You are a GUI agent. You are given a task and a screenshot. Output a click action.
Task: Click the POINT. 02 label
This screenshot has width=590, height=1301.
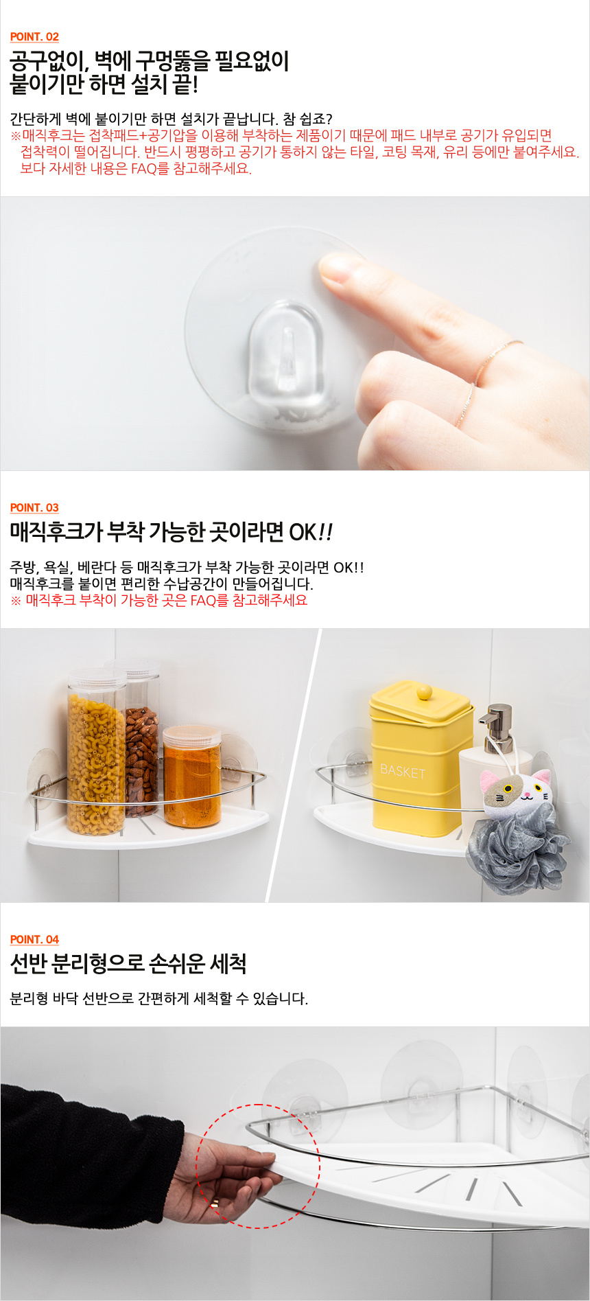(34, 37)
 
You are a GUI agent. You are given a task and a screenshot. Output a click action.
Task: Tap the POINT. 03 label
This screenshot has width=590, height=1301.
(34, 508)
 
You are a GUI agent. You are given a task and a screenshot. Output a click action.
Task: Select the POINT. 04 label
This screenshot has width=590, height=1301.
(34, 940)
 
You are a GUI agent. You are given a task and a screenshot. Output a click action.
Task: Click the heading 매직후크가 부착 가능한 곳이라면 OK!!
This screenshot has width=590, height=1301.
(172, 531)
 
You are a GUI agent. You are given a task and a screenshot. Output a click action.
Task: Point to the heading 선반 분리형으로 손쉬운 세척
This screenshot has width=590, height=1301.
(128, 964)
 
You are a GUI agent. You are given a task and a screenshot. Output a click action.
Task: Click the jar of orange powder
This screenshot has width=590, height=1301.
(192, 776)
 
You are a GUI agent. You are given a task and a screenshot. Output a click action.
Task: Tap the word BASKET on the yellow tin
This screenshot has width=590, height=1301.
(403, 771)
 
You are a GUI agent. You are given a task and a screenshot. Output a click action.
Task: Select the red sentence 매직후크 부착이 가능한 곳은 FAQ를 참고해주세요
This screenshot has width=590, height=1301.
(159, 601)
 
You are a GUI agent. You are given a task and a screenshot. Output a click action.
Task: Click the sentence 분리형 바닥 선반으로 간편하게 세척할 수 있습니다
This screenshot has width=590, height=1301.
(159, 998)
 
